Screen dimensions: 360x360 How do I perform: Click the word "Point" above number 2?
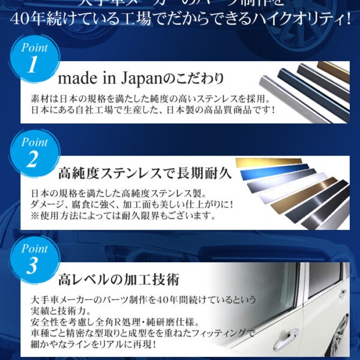click(x=34, y=142)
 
